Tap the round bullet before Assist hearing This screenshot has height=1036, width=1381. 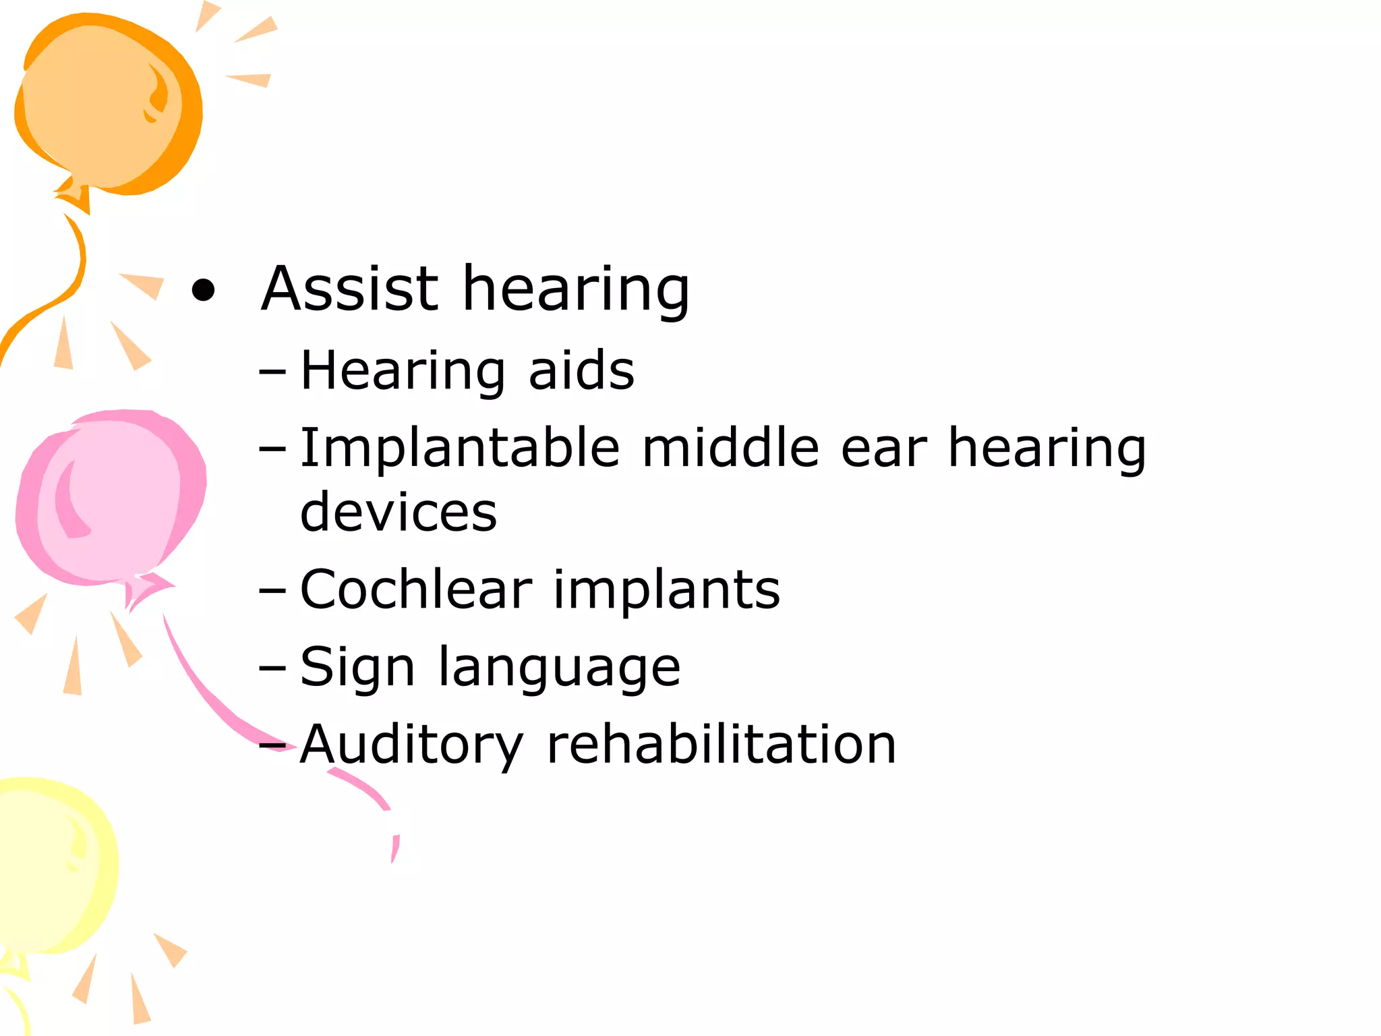click(203, 291)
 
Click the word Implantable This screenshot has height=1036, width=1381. click(459, 449)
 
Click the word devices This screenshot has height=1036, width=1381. click(399, 512)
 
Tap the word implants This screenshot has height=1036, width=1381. click(666, 591)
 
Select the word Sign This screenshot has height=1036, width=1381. click(357, 668)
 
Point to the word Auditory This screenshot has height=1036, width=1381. click(411, 745)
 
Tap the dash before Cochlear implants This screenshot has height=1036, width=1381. click(272, 590)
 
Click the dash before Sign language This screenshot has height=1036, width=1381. click(272, 668)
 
